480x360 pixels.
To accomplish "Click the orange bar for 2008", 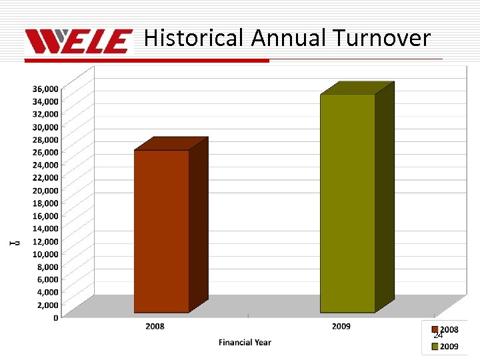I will (162, 231).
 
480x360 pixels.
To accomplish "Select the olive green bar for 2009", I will (347, 203).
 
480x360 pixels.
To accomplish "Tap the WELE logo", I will (79, 41).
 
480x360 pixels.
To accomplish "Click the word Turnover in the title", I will (382, 38).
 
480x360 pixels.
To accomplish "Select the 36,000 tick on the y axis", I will (45, 89).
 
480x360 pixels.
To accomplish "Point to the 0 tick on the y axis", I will (55, 318).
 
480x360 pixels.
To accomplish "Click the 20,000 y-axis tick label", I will (45, 191).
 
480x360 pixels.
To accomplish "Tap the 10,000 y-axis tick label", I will (45, 254).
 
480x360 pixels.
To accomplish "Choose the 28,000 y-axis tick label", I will (45, 139).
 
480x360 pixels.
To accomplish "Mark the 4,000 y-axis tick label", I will (47, 292).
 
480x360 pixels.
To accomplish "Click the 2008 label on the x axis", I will (155, 327).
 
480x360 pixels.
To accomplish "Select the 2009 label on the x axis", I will (341, 327).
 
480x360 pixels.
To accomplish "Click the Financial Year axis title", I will (245, 343).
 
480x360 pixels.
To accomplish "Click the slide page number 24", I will (438, 335).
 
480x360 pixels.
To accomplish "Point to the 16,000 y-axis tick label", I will (45, 216).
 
